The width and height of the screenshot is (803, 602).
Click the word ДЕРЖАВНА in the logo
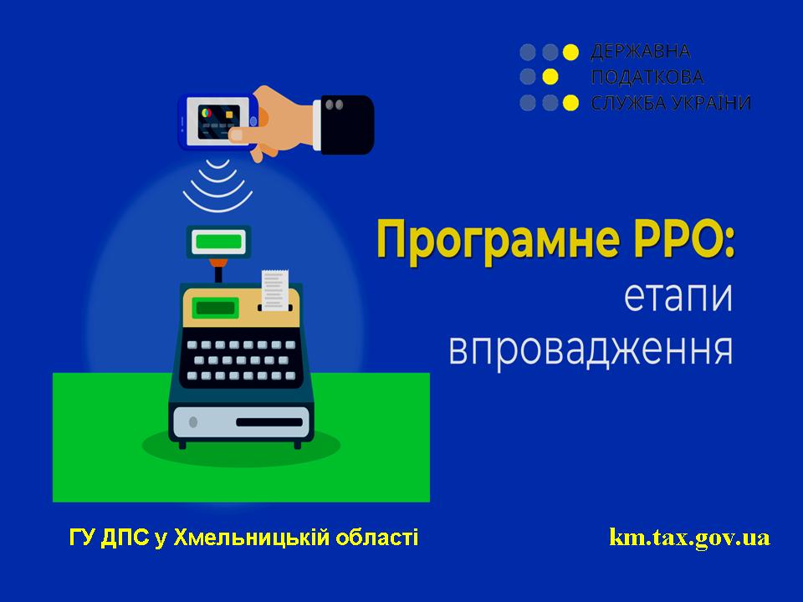click(641, 52)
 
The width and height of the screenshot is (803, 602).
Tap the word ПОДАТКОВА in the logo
click(647, 77)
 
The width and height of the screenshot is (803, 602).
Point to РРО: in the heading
click(684, 238)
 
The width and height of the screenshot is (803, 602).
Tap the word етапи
click(678, 297)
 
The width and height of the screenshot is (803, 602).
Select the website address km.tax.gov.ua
click(690, 538)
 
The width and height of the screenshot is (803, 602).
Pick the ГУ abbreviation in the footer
click(82, 538)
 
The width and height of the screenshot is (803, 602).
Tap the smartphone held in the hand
click(218, 122)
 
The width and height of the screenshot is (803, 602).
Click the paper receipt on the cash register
click(275, 290)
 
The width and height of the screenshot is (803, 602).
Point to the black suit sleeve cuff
click(346, 125)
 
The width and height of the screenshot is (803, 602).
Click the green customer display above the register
click(218, 242)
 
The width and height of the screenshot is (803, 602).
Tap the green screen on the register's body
click(216, 308)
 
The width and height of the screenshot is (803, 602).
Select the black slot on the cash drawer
click(269, 422)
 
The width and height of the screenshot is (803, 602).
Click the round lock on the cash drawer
click(193, 422)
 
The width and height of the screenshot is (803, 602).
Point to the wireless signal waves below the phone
click(218, 186)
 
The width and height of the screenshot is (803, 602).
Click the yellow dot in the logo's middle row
click(550, 77)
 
